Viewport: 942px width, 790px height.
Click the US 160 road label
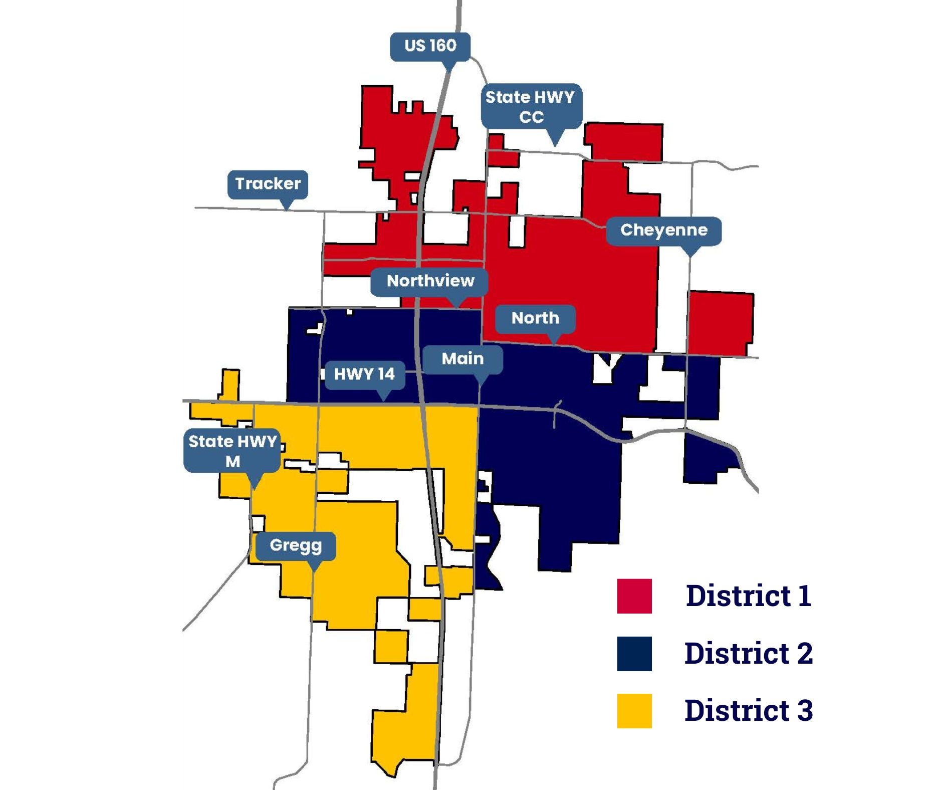click(x=430, y=46)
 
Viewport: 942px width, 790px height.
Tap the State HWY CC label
click(x=531, y=106)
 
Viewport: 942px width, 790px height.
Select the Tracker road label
click(x=268, y=184)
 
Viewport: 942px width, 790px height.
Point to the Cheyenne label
click(x=663, y=231)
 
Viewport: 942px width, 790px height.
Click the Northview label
click(x=430, y=281)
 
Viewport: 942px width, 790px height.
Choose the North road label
click(x=535, y=318)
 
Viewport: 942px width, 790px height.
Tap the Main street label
click(x=462, y=359)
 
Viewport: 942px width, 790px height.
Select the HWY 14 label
click(x=364, y=374)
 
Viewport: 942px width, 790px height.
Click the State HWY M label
click(x=232, y=451)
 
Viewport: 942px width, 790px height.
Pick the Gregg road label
click(x=296, y=545)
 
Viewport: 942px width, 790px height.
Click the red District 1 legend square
click(x=634, y=596)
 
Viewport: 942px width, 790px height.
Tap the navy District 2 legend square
click(x=634, y=654)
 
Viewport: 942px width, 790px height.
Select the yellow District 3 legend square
click(x=634, y=711)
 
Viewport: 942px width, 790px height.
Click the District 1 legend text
click(x=748, y=596)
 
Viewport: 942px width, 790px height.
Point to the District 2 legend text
click(x=748, y=654)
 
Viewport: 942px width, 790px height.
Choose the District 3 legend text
click(x=748, y=711)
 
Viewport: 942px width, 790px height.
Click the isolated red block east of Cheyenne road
click(x=721, y=322)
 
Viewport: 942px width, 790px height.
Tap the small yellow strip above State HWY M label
click(x=230, y=384)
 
